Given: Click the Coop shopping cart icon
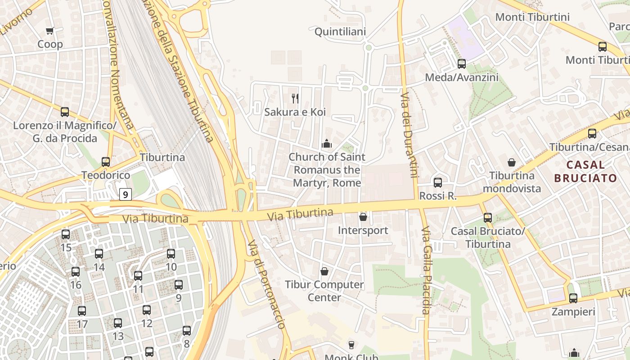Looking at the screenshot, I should tap(50, 31).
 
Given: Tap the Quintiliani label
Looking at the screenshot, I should tap(340, 31).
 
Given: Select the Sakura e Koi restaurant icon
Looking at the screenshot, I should tap(295, 98).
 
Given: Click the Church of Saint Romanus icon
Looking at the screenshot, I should tap(327, 144).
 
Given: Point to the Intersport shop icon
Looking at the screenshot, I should tap(363, 217).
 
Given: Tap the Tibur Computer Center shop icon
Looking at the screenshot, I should tap(324, 271).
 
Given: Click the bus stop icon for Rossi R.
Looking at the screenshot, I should tap(438, 183).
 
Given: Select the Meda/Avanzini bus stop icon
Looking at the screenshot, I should tap(462, 64).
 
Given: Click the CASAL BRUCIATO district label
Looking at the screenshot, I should tap(585, 171).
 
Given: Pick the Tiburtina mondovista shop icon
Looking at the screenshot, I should tap(512, 162).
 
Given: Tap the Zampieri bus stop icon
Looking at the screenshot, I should tap(573, 298).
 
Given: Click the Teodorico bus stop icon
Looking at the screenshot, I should tap(106, 162).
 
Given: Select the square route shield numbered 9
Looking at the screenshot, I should tap(126, 194).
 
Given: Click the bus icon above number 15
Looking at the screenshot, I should tap(66, 234).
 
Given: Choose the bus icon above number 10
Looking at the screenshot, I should tap(171, 254).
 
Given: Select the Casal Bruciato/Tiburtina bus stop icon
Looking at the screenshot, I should tap(488, 218).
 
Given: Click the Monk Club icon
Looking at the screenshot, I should tap(351, 345).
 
